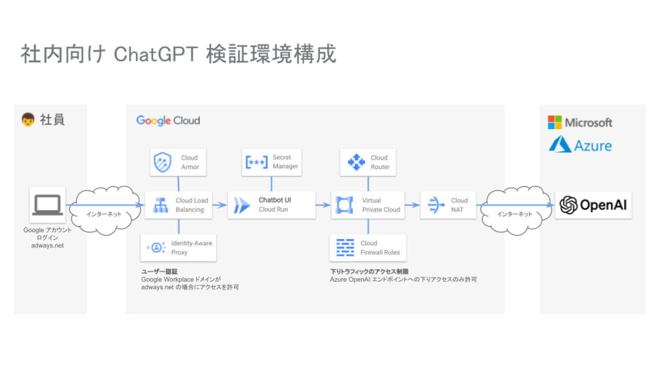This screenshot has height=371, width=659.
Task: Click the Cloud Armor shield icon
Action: pos(163,162)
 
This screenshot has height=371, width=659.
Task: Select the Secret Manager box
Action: pos(272,162)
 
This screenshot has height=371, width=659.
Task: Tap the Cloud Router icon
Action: pos(356,162)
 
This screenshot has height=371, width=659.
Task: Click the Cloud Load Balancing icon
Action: pos(161,205)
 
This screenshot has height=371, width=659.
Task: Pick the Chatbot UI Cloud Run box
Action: pos(272,205)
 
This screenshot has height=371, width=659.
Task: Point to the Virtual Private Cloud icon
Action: pos(344,205)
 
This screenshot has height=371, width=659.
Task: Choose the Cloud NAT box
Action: pos(448,205)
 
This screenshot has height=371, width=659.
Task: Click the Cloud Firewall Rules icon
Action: pos(345,248)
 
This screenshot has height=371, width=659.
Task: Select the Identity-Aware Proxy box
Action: pos(178,248)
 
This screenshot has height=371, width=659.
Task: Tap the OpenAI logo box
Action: pos(593,205)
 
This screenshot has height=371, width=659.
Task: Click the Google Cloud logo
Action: pos(168,121)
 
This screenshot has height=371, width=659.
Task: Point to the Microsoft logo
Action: pos(580,122)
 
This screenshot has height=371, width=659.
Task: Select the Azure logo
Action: pos(580,145)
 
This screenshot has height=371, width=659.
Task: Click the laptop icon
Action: pos(48,205)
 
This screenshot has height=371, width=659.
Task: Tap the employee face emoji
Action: pos(28,120)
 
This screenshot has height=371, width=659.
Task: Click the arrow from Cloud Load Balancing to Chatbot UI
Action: pos(219,205)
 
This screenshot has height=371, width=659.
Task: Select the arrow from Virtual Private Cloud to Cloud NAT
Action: pos(412,205)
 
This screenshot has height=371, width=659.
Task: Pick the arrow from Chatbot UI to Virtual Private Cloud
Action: pos(323,205)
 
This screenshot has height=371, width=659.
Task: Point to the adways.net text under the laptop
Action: pos(48,245)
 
